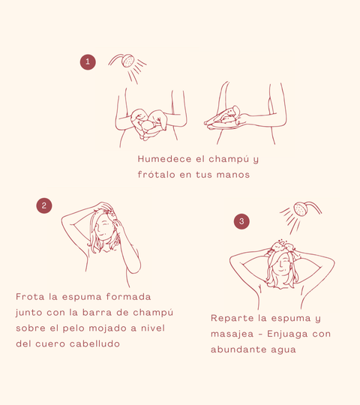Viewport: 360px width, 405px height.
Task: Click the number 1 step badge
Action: coord(88,62)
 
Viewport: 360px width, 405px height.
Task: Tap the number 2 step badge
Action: coord(44,205)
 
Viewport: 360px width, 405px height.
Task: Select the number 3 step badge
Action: coord(241,221)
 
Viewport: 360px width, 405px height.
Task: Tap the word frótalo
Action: coord(157,175)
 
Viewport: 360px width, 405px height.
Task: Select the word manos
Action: coord(233,175)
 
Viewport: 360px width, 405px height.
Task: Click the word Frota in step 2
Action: coord(30,297)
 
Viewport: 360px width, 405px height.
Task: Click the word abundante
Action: coord(238,349)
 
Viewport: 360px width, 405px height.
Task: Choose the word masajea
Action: coord(232,334)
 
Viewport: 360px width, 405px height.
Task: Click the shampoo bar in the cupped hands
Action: coord(148,126)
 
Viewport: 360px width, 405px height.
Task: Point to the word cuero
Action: coord(50,344)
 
